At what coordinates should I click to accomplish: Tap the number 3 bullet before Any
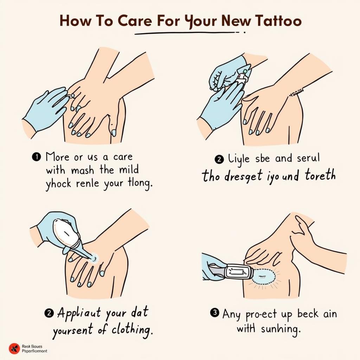214,313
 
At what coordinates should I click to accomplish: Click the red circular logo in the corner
14,348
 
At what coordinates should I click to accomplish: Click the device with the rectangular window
238,271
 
